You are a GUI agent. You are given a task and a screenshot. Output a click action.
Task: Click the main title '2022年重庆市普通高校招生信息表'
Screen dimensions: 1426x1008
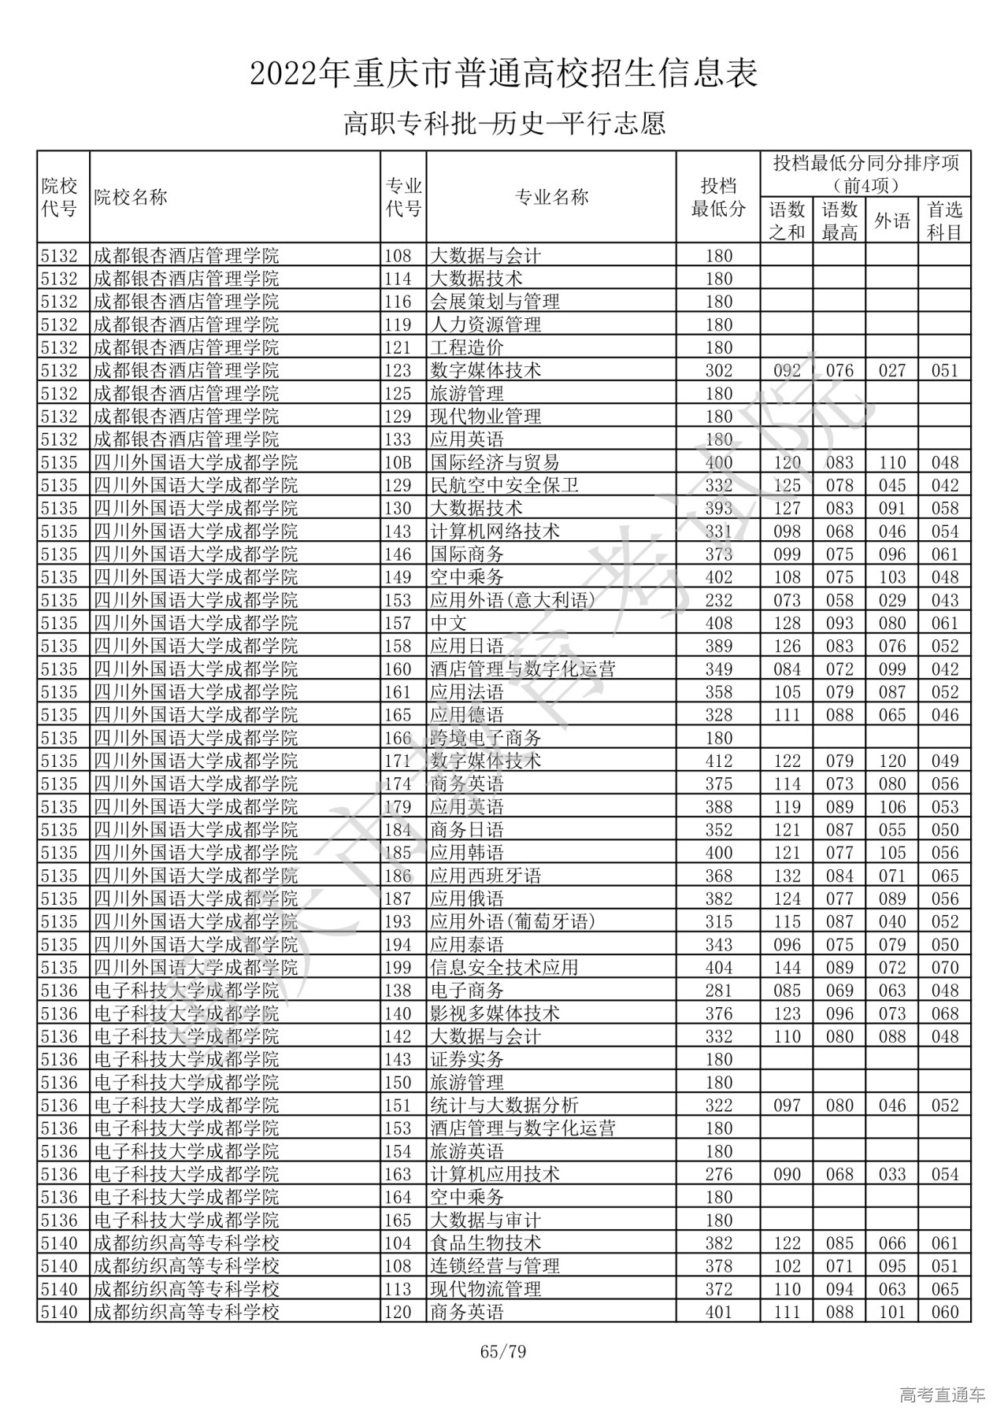504,75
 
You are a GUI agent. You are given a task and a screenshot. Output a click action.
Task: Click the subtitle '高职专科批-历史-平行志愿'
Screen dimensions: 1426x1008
504,124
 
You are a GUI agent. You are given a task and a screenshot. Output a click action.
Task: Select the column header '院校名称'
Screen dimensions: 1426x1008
131,197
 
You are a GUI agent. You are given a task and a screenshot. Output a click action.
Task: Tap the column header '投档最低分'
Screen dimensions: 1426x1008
718,197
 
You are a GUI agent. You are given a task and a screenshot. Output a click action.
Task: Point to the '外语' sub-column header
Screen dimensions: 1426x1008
892,221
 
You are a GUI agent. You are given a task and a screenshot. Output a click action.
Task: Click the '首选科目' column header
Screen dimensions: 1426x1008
944,221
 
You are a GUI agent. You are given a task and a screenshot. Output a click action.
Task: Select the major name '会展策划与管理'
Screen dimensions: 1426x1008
495,302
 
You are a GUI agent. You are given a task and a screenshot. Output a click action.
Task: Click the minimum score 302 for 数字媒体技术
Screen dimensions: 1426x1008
718,370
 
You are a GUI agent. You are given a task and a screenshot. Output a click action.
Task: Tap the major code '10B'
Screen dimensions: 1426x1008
398,462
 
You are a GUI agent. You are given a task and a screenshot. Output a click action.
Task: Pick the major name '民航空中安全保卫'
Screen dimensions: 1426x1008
504,485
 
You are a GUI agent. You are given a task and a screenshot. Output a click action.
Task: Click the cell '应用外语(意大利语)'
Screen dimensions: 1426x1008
513,600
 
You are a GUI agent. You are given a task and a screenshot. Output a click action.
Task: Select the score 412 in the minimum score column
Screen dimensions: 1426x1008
718,761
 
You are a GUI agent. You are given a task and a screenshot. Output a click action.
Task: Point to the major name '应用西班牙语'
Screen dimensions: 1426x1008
485,876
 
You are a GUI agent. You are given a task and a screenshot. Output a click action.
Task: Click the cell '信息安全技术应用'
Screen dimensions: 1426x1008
504,967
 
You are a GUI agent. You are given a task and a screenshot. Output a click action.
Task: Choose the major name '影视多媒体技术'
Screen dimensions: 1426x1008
495,1013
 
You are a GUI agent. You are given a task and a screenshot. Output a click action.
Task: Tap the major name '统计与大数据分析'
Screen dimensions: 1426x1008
504,1105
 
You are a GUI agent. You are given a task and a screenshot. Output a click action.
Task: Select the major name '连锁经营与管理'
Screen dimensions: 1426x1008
495,1265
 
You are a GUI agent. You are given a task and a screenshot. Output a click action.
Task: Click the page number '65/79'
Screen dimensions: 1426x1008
503,1352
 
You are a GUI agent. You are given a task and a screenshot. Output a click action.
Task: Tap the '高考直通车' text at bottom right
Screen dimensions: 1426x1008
942,1395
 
